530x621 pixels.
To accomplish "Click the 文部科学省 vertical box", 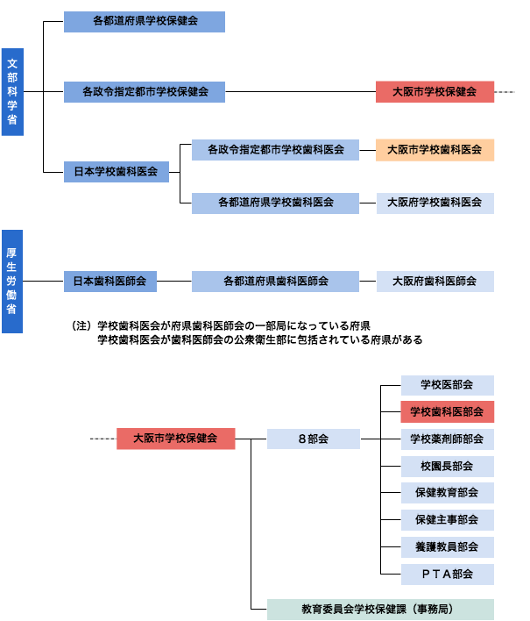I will click(12, 92).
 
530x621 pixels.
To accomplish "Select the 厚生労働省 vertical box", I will click(12, 282).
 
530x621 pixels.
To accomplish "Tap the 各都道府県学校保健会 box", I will click(145, 21).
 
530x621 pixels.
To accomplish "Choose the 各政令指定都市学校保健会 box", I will click(145, 91).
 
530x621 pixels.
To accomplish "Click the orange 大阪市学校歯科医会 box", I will click(435, 149).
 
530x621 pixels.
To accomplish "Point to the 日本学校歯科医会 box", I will click(116, 172).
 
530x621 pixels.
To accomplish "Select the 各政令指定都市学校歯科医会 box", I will click(275, 149).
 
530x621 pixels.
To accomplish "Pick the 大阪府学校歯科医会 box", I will click(435, 203).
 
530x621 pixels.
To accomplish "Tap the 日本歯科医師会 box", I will click(110, 282).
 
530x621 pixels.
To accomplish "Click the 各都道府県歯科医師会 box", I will click(275, 282).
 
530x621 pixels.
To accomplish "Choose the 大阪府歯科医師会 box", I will click(435, 282).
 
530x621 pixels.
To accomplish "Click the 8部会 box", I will click(314, 439).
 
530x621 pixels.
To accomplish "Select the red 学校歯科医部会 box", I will click(448, 411).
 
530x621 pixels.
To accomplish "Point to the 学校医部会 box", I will click(448, 385).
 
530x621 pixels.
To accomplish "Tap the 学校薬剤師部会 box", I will click(448, 439).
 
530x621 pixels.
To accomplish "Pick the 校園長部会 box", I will click(448, 466).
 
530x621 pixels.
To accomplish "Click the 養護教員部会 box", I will click(448, 546).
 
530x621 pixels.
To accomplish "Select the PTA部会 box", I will click(448, 574).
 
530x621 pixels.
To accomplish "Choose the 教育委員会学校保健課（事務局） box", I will click(380, 609).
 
